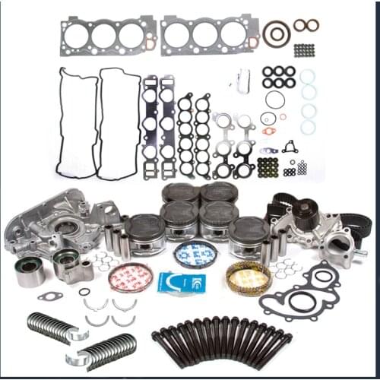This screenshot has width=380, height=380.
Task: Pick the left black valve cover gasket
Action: pyautogui.click(x=77, y=122)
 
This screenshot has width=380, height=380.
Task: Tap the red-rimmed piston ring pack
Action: pyautogui.click(x=130, y=277)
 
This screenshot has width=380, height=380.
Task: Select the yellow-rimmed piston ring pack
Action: pyautogui.click(x=248, y=278)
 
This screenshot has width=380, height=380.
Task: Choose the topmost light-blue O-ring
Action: pyautogui.click(x=307, y=76)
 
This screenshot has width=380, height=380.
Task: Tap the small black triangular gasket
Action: pyautogui.click(x=290, y=146)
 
